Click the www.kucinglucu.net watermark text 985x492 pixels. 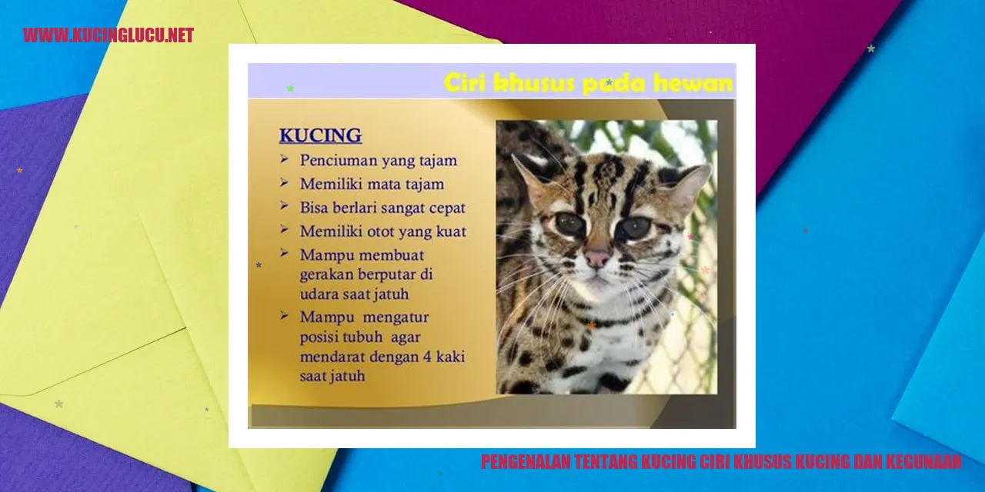(x=109, y=35)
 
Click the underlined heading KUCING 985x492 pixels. (x=321, y=135)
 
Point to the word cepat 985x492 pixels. (x=447, y=208)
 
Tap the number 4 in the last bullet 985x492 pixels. (x=427, y=356)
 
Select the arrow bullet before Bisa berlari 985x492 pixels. (x=284, y=205)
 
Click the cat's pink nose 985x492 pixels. (x=596, y=258)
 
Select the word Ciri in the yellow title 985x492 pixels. (x=466, y=82)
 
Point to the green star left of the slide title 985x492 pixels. (x=290, y=88)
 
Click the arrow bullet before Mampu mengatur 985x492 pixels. (x=284, y=315)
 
